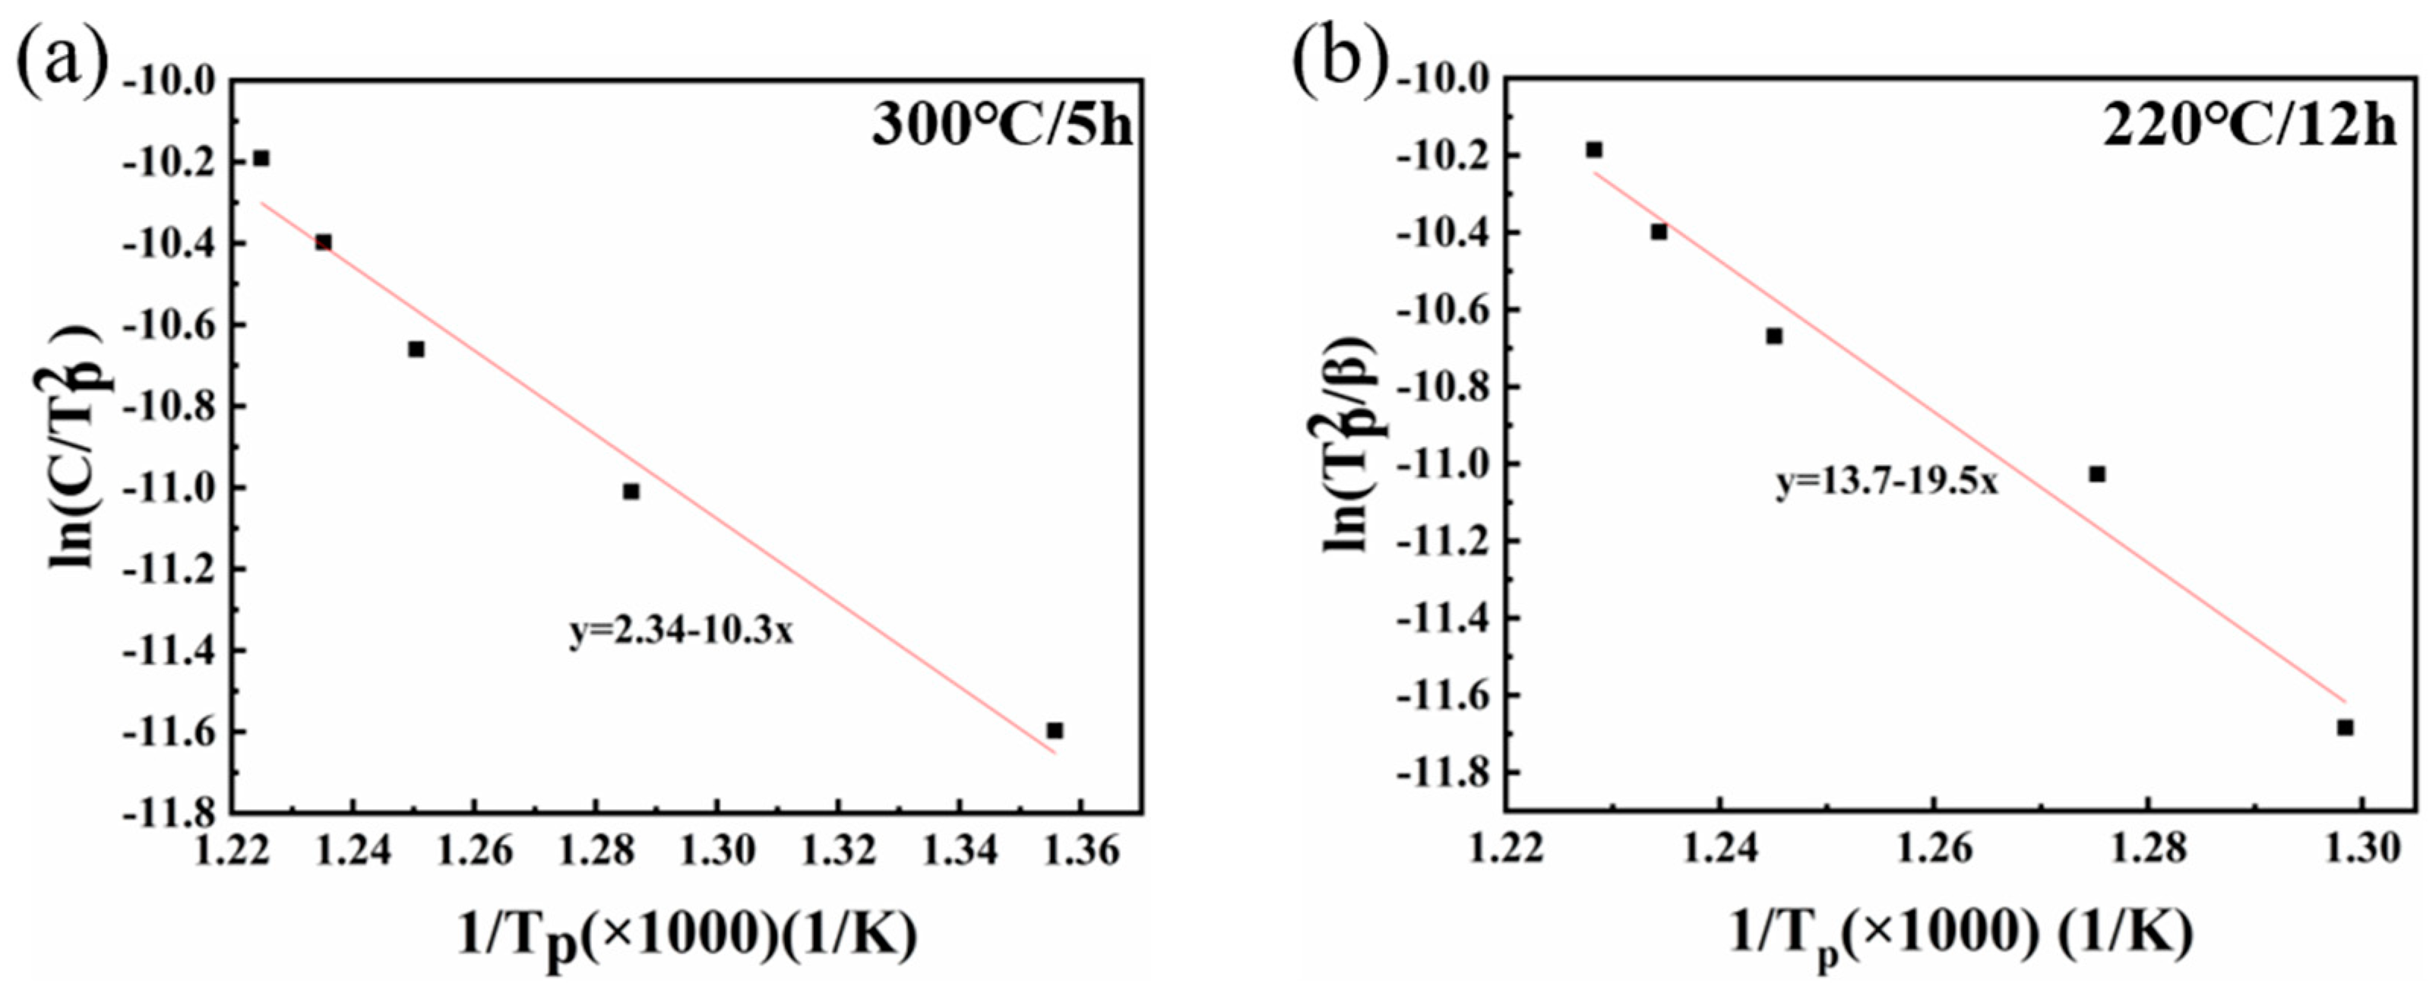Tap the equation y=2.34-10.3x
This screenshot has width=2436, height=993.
click(681, 631)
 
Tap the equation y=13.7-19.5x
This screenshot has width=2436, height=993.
click(1887, 482)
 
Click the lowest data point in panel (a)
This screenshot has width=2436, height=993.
click(1055, 730)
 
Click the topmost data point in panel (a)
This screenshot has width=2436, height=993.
click(261, 158)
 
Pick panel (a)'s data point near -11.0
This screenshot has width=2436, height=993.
click(631, 491)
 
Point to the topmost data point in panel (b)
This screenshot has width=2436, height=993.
click(1594, 150)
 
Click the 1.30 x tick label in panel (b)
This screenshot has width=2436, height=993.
click(2362, 849)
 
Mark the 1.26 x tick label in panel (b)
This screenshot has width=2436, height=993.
click(1933, 849)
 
